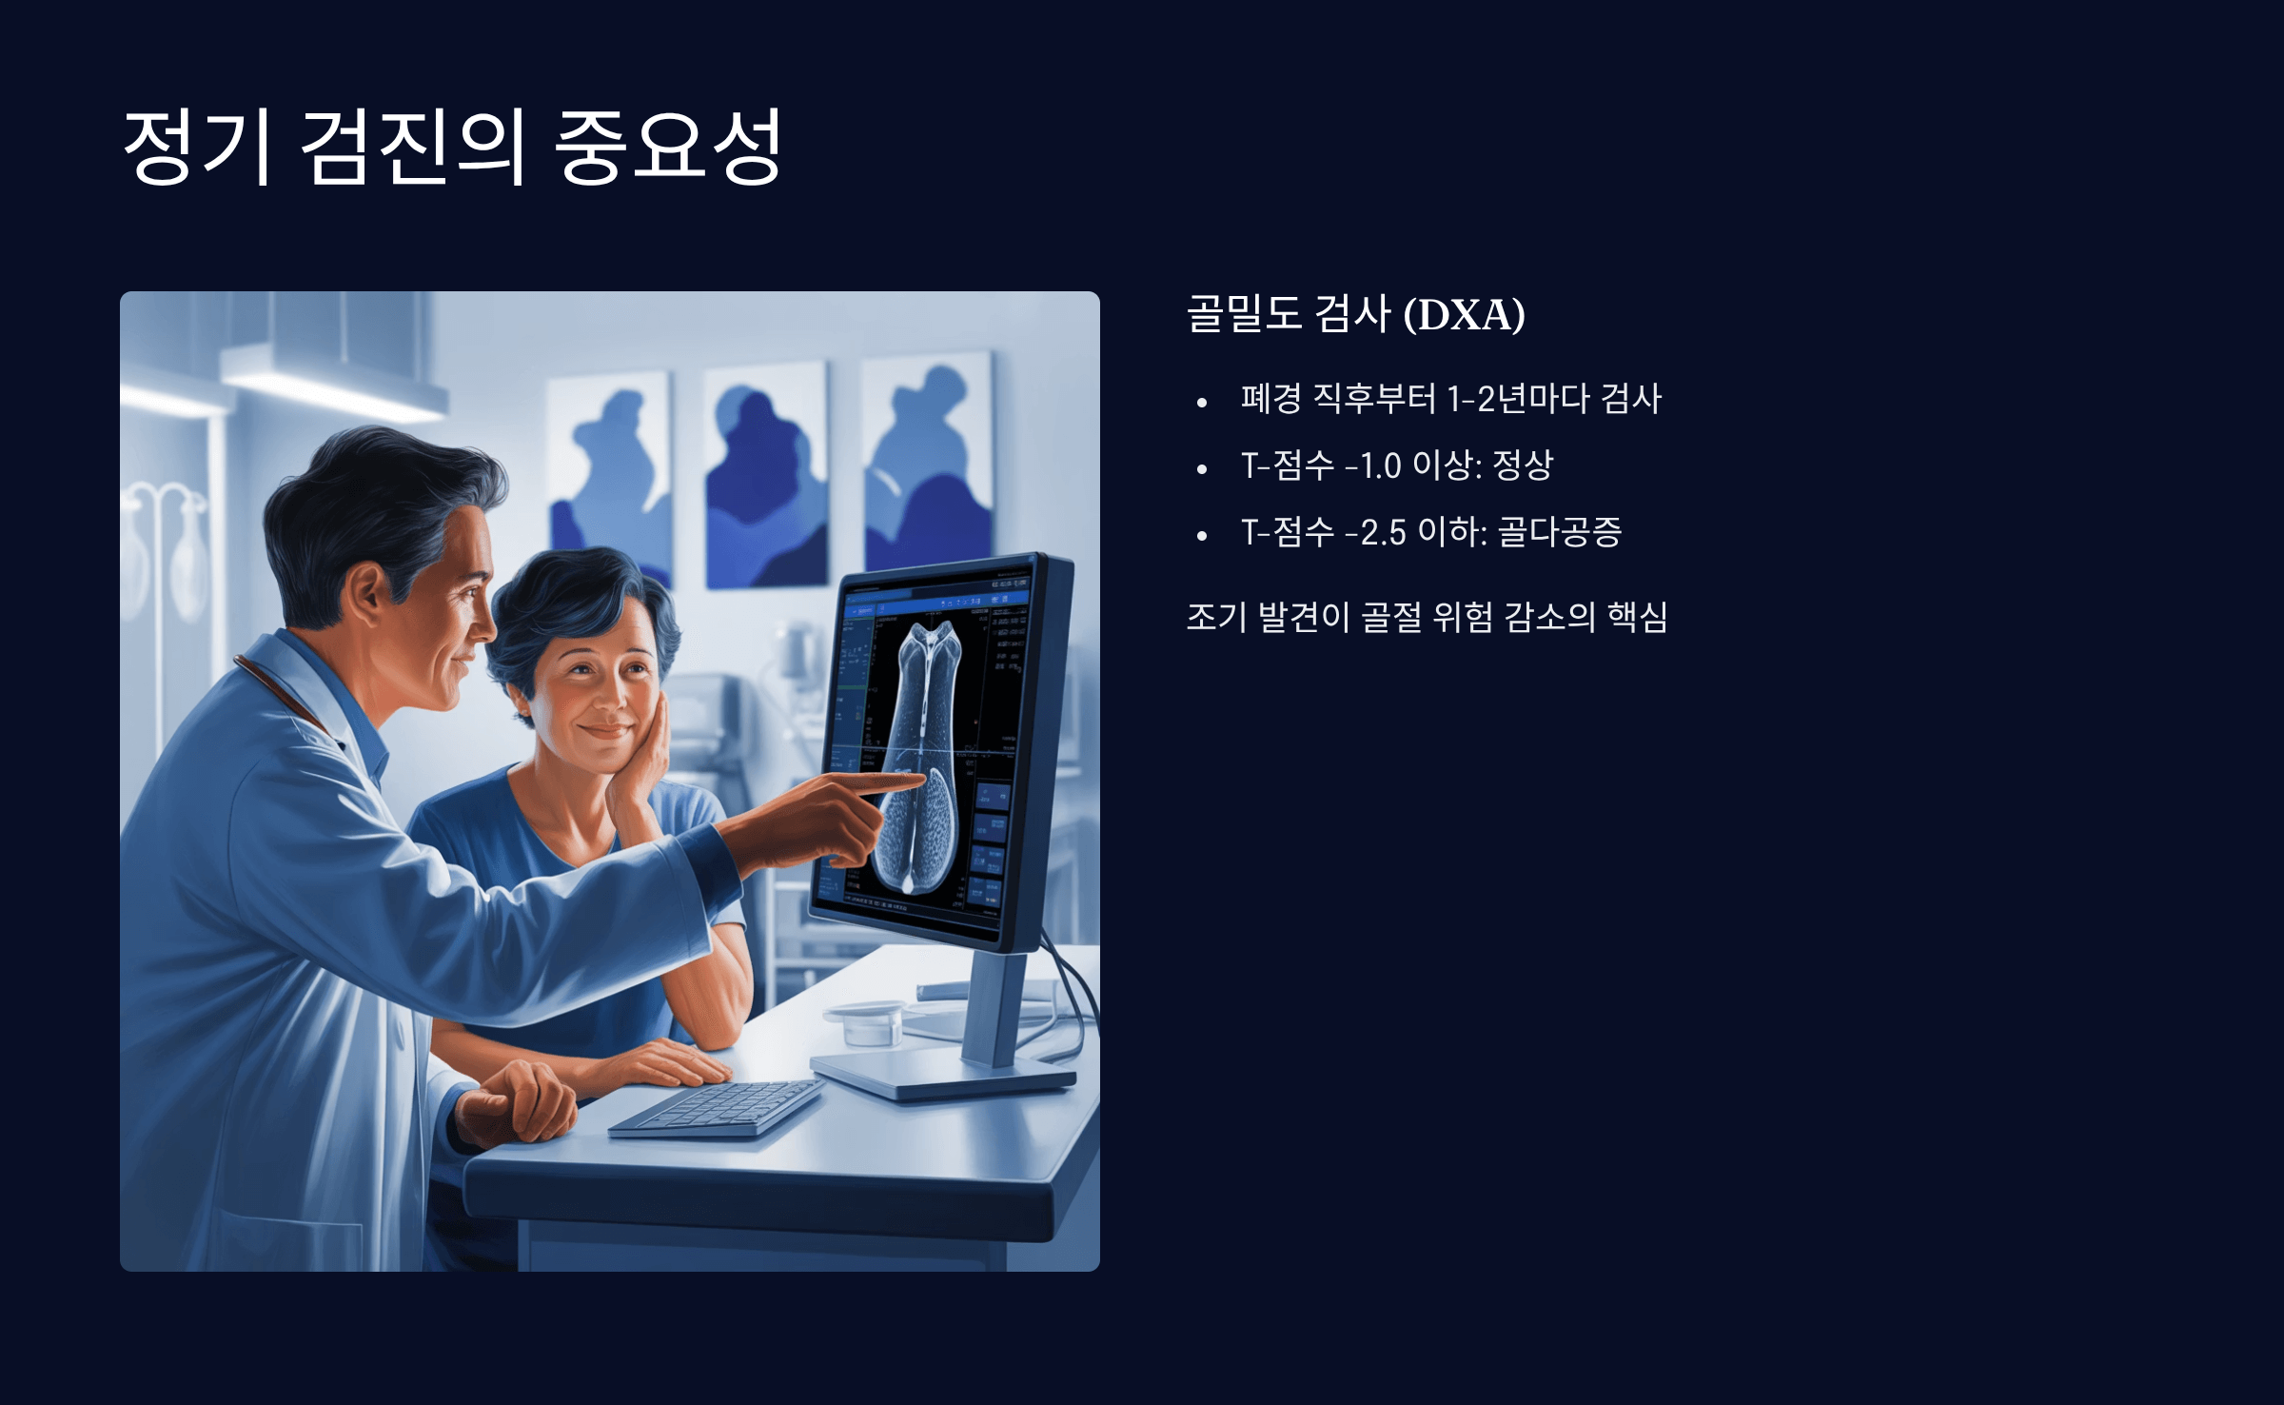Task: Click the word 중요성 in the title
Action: (667, 146)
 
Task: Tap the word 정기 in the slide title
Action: (200, 146)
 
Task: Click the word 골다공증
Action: (1560, 532)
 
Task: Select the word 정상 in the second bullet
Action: (1523, 465)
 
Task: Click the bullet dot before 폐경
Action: (1202, 403)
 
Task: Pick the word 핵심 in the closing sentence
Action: (1637, 617)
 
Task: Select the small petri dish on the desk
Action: (866, 1024)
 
